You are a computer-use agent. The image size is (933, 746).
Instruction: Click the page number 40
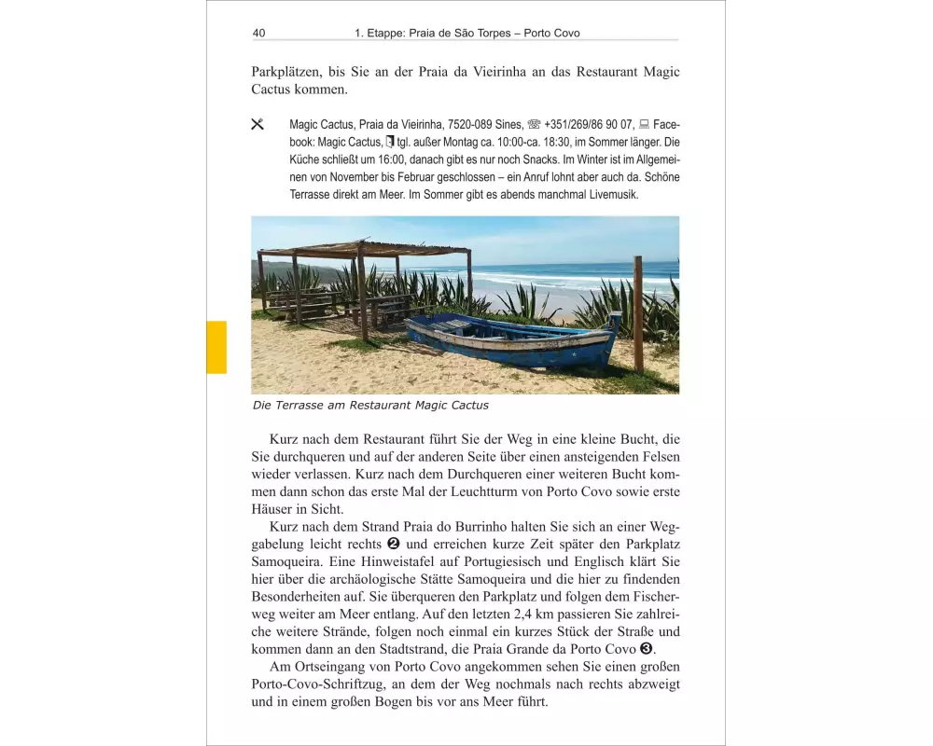(258, 33)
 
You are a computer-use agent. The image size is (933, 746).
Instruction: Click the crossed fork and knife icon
(258, 124)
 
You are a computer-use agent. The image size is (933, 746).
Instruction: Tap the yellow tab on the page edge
(216, 347)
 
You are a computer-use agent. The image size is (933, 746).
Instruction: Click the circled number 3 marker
(646, 649)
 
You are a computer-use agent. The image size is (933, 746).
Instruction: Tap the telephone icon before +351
(534, 124)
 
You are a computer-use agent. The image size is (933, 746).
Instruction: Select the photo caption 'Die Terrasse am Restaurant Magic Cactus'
(370, 406)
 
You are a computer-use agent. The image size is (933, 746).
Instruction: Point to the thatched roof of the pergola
(364, 248)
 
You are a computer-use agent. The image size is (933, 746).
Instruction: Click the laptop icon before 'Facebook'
(644, 124)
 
